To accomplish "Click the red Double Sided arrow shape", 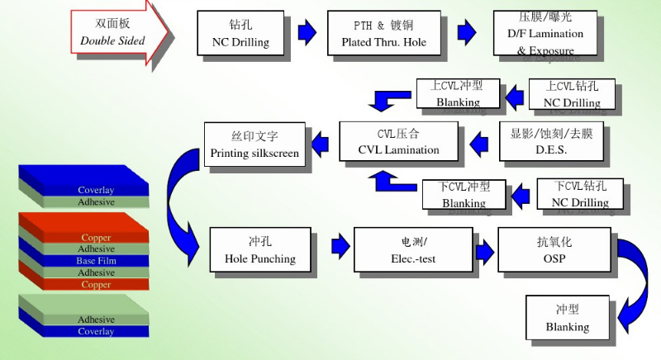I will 116,33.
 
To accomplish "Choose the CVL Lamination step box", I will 398,142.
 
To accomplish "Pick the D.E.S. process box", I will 551,141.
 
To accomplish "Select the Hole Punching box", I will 259,249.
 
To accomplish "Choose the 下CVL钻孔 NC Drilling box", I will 580,194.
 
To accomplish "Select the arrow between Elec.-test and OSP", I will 483,246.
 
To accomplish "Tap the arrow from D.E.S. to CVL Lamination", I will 480,145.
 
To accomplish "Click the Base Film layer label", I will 97,261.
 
